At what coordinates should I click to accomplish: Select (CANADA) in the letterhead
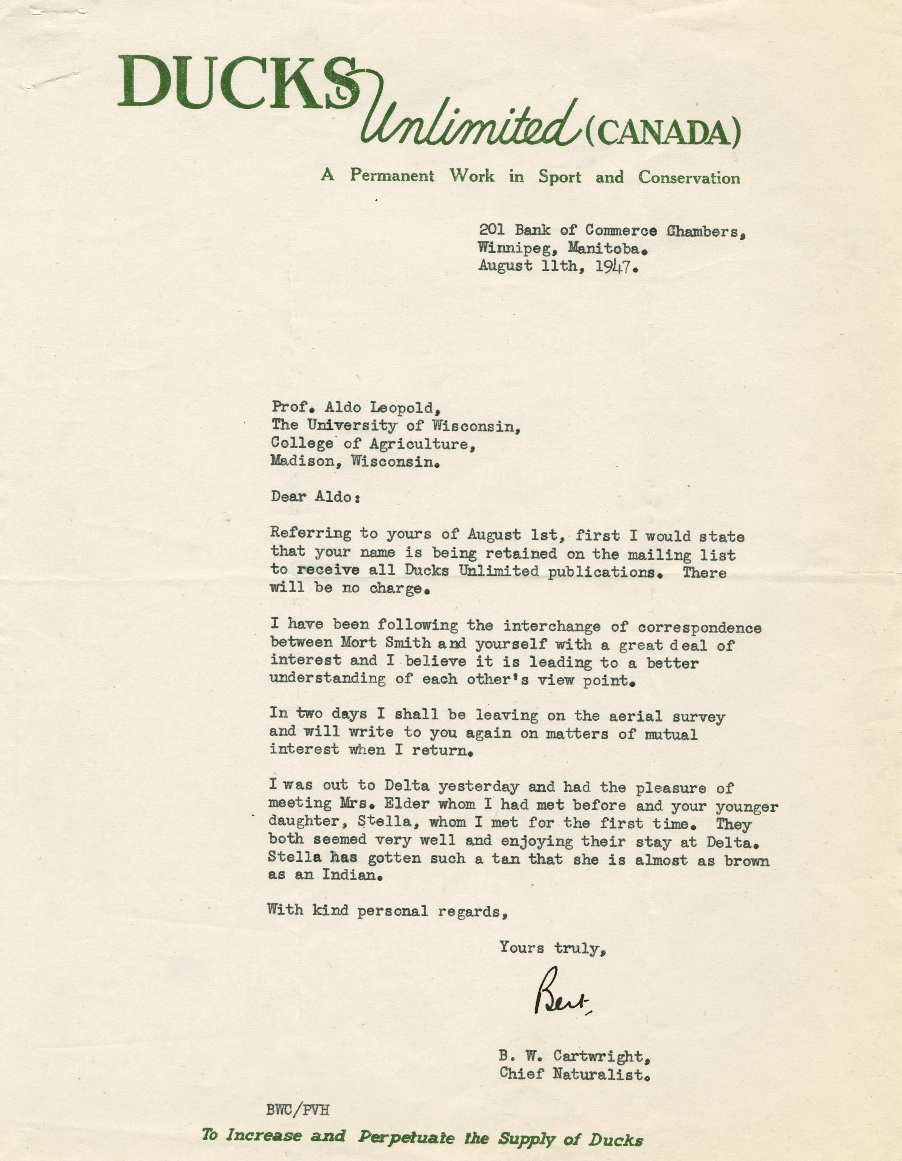tap(662, 133)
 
